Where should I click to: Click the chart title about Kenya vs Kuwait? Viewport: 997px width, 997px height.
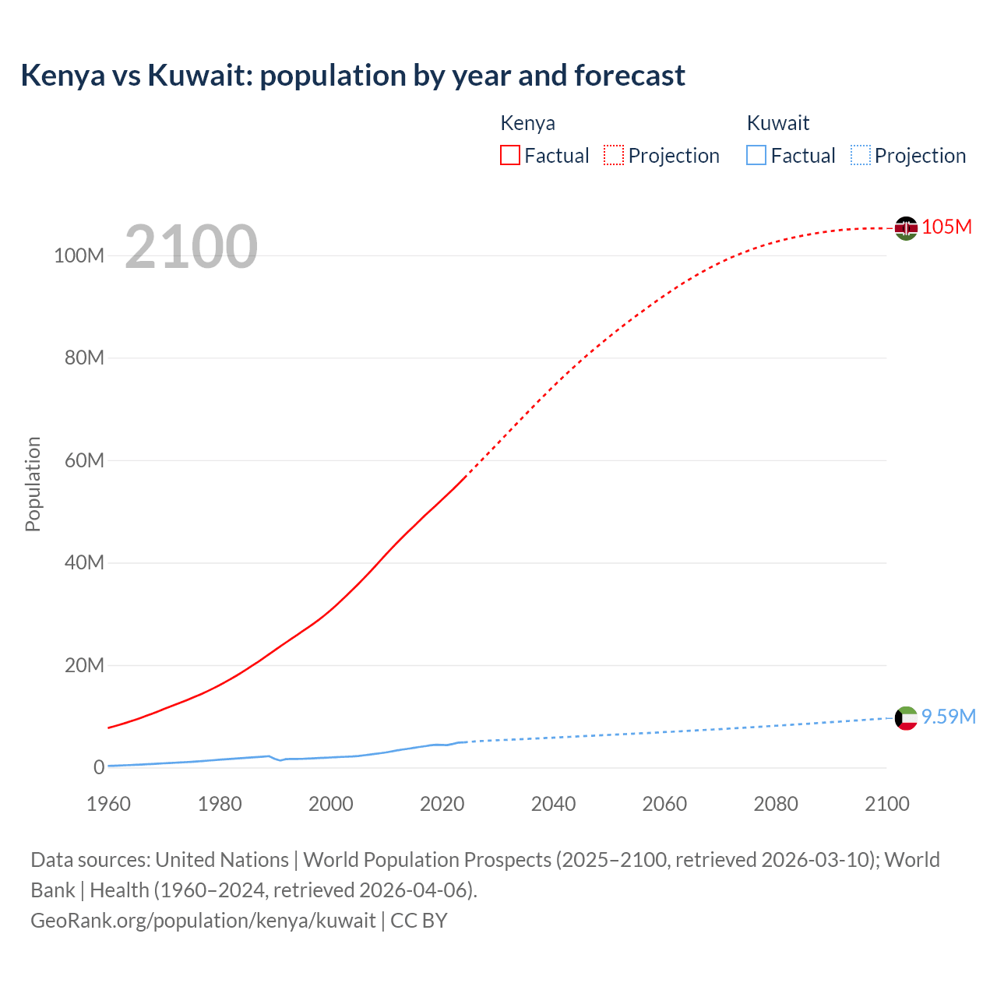(353, 76)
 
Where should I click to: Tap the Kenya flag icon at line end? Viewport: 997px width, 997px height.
(906, 227)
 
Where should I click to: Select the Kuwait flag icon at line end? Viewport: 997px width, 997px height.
(906, 717)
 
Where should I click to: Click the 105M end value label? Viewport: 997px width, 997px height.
(946, 227)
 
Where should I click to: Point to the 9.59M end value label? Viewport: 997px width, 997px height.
(948, 717)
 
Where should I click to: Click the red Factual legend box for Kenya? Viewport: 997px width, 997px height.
(510, 155)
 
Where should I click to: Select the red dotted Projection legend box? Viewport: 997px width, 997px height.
(614, 155)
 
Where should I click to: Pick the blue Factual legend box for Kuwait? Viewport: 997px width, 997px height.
(756, 155)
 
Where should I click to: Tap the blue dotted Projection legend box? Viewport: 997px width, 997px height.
(861, 155)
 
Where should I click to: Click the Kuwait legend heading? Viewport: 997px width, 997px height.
(777, 123)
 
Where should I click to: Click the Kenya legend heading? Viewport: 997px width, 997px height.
(527, 123)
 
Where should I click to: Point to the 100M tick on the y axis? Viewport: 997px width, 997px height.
(79, 255)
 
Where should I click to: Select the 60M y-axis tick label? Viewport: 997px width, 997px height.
(84, 460)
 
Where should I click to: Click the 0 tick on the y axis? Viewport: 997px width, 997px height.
(98, 767)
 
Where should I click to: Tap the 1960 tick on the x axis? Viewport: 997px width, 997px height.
(108, 804)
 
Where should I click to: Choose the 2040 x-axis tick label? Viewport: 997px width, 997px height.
(553, 804)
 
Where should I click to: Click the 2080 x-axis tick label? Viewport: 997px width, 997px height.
(776, 804)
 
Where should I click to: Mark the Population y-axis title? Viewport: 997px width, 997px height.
(33, 484)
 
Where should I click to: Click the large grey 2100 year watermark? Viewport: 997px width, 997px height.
(191, 246)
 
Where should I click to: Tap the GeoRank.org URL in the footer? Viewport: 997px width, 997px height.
(203, 920)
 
